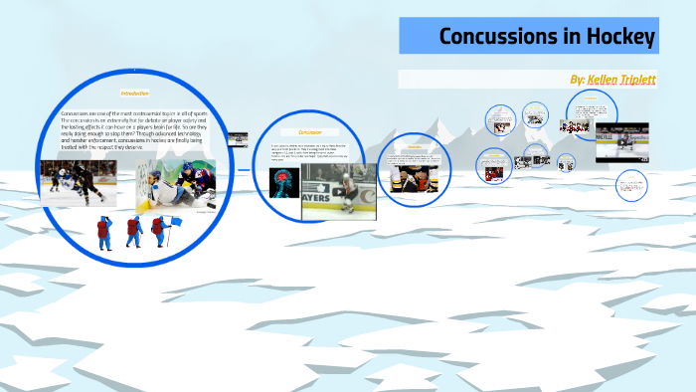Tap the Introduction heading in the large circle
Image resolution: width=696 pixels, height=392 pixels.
pos(134,93)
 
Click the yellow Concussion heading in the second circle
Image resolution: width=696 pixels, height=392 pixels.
pos(312,131)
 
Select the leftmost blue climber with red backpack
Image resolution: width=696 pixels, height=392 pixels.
pos(104,232)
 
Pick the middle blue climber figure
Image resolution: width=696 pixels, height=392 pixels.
pos(134,232)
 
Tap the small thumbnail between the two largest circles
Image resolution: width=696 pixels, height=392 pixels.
pos(238,139)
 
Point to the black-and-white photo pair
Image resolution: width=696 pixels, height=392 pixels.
pos(535,118)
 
